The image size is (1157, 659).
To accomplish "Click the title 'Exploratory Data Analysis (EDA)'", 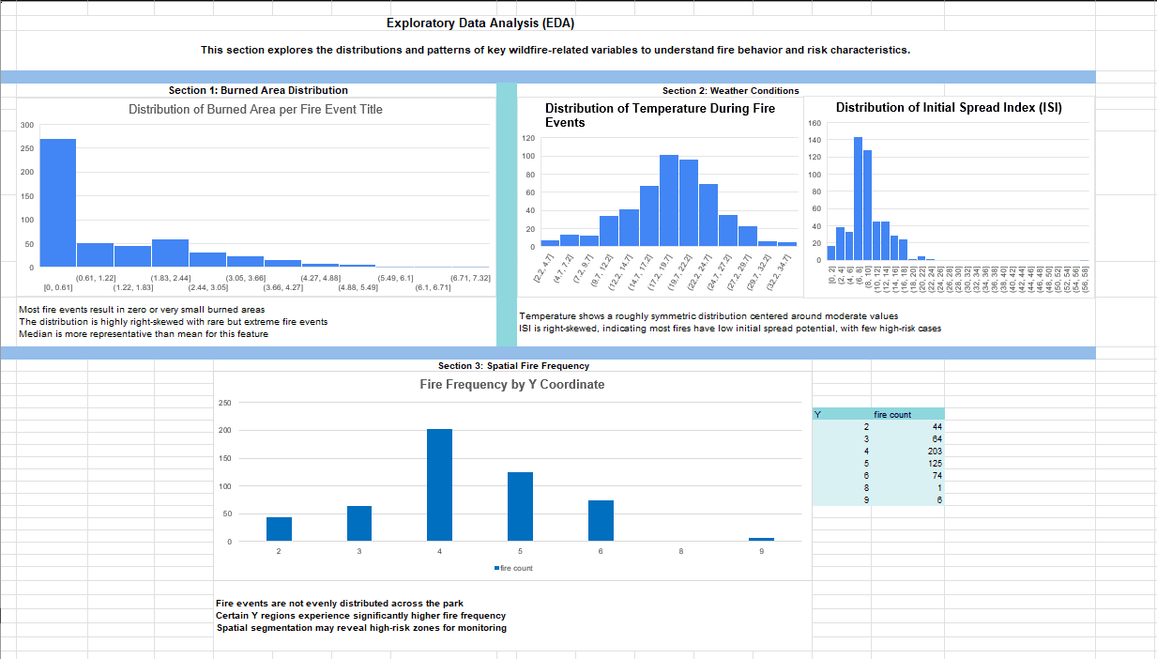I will pyautogui.click(x=480, y=23).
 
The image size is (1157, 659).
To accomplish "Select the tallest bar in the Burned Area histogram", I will pyautogui.click(x=57, y=203).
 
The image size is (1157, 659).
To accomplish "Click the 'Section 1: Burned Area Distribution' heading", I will pyautogui.click(x=258, y=90).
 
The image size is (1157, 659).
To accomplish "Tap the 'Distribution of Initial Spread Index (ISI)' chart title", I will pyautogui.click(x=949, y=108).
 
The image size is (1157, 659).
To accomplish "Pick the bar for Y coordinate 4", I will pyautogui.click(x=439, y=485).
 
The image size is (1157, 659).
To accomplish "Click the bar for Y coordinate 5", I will pyautogui.click(x=520, y=507).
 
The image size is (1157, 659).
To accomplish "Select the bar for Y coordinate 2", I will pyautogui.click(x=279, y=529).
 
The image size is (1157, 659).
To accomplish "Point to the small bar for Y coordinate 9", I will pyautogui.click(x=761, y=540).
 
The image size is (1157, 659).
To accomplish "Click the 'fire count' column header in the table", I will pyautogui.click(x=891, y=414).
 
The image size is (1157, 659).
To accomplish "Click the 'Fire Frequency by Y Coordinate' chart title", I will pyautogui.click(x=511, y=385).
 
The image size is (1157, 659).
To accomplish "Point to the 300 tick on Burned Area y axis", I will pyautogui.click(x=27, y=125).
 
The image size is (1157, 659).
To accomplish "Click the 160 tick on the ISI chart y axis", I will pyautogui.click(x=814, y=123).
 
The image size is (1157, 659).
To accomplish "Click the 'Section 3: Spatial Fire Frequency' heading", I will pyautogui.click(x=513, y=365).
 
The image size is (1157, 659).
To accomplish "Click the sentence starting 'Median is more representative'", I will pyautogui.click(x=143, y=333).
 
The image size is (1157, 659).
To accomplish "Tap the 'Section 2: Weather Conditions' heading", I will pyautogui.click(x=730, y=90).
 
